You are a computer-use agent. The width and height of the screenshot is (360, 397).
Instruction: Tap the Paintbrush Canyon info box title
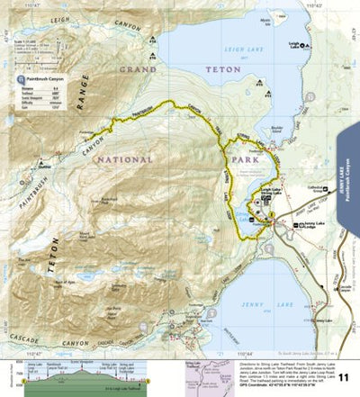49,79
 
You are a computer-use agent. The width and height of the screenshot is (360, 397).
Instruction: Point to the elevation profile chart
76,374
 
